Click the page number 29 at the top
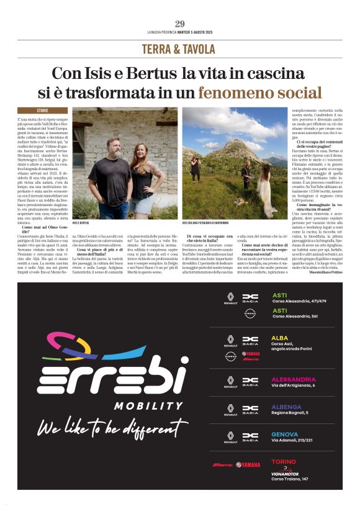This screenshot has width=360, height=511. (180, 24)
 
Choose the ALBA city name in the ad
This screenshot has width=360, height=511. (280, 338)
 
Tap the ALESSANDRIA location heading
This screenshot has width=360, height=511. (294, 379)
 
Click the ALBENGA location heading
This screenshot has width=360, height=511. (286, 407)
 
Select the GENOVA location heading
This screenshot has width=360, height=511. (285, 434)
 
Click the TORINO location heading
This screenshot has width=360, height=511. (284, 462)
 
